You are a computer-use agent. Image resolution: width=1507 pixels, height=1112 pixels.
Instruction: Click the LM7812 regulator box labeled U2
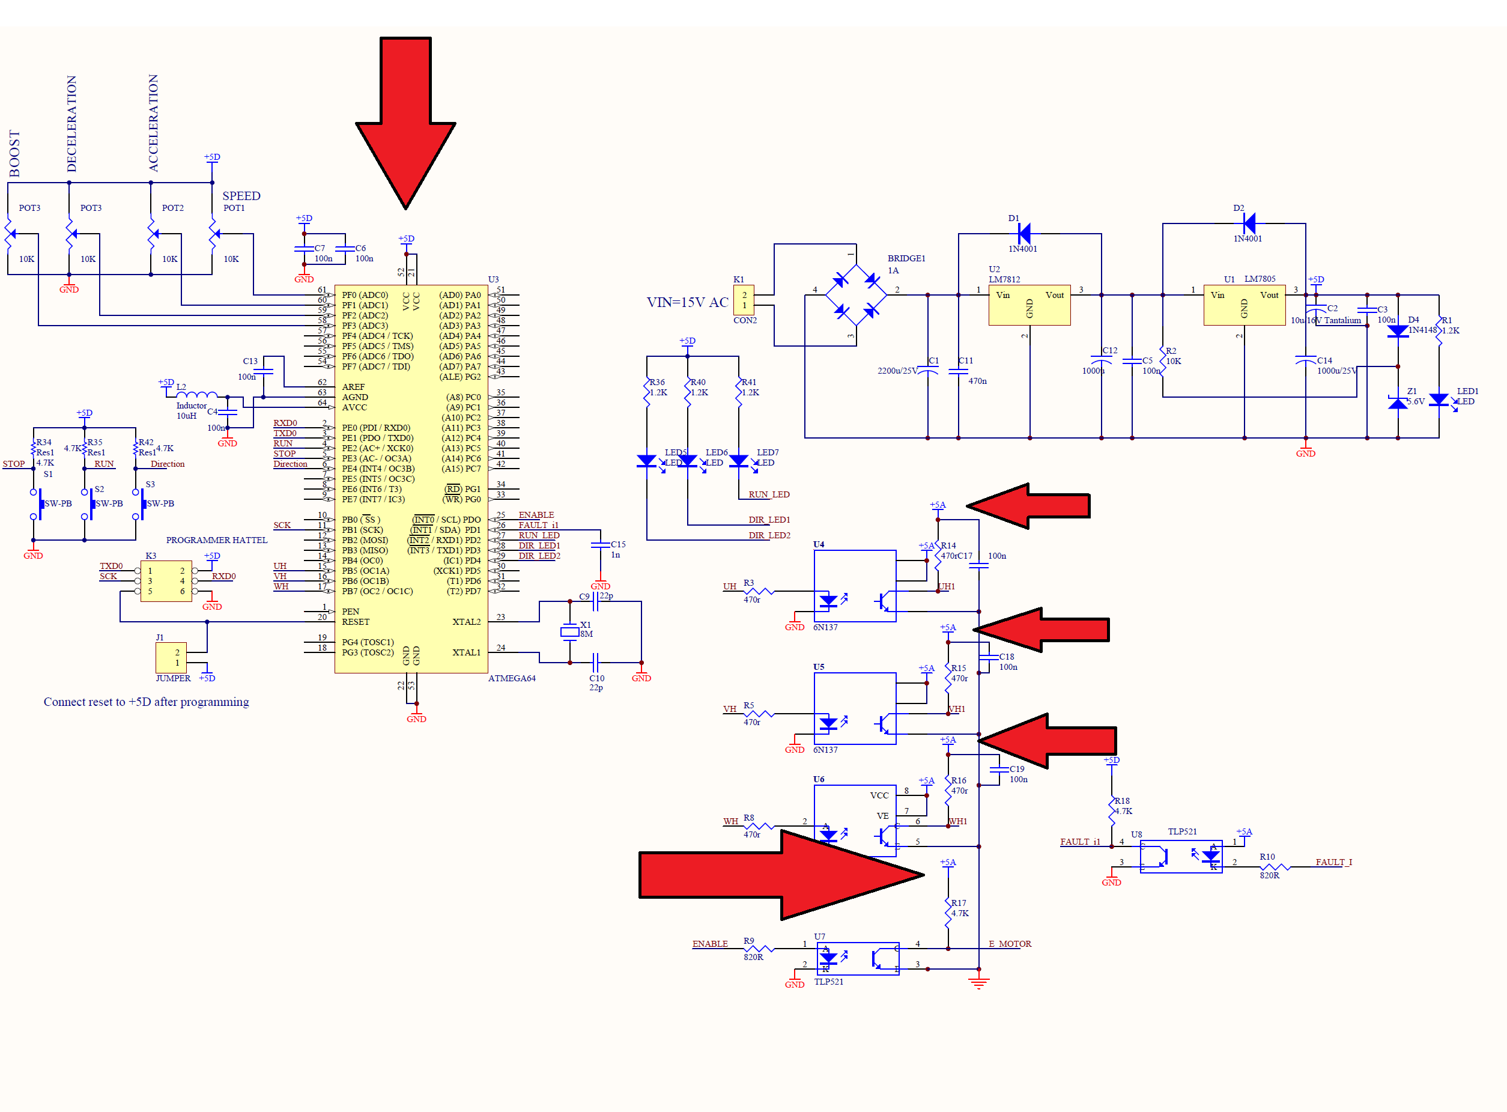pos(1028,306)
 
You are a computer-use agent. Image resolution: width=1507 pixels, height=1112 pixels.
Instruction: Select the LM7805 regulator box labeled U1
pos(1244,306)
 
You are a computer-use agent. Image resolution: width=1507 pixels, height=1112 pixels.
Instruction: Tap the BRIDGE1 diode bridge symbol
pos(855,295)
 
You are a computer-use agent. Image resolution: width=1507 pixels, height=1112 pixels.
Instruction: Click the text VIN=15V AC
pos(687,302)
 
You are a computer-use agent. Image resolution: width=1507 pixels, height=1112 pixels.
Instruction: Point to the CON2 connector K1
pos(744,300)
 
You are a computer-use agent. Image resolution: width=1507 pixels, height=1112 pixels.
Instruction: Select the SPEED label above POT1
pos(241,196)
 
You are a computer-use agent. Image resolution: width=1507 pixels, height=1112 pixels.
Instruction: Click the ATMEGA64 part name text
pos(512,678)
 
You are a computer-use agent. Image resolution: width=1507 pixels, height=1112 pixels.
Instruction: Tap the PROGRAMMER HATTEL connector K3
pos(166,581)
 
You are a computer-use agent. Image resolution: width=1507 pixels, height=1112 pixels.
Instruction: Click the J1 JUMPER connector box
pos(171,658)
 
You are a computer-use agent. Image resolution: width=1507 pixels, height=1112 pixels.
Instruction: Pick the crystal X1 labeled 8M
pos(569,631)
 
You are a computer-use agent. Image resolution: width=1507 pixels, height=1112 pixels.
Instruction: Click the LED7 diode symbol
pos(738,461)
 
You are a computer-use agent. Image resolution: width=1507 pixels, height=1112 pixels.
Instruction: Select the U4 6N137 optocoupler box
pos(854,586)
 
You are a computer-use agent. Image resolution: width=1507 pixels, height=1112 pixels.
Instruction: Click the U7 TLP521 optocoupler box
pos(858,958)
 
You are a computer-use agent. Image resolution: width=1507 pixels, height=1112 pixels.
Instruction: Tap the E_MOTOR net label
pos(1009,944)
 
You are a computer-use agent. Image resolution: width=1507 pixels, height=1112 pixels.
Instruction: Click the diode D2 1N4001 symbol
pos(1249,223)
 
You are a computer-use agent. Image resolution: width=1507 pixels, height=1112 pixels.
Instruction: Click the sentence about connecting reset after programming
pos(146,702)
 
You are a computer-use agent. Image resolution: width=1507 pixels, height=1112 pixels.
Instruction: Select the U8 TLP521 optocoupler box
pos(1181,856)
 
